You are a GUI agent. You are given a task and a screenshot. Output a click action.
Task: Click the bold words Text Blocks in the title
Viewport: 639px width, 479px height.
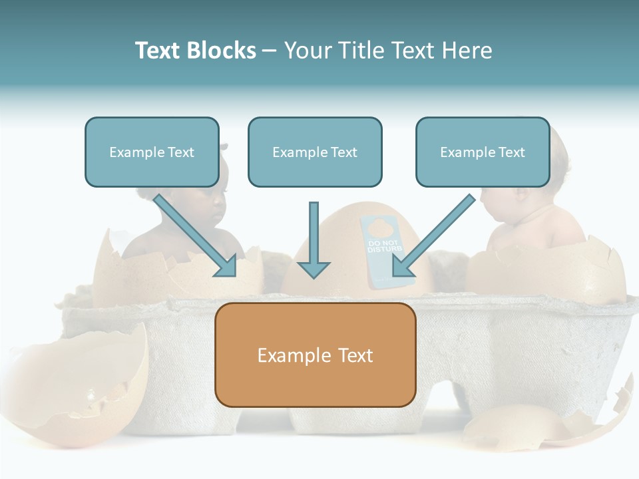coord(195,51)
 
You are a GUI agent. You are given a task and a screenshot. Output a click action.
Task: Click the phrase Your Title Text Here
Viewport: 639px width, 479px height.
coord(388,51)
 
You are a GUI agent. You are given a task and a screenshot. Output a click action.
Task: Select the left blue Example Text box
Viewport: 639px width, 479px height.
coord(152,152)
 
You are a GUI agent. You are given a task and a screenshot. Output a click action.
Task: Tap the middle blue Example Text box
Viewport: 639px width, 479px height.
coord(315,152)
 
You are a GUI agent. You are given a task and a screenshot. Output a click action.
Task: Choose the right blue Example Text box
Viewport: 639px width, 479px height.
coord(483,152)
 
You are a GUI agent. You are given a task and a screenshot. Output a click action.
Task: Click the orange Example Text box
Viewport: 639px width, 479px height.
coord(315,355)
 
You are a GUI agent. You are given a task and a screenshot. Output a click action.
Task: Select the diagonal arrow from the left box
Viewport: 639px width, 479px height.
coord(196,236)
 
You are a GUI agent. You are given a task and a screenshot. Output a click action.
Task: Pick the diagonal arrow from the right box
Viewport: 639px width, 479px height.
coord(433,237)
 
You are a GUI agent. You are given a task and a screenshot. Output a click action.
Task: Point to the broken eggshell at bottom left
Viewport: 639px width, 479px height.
coord(80,386)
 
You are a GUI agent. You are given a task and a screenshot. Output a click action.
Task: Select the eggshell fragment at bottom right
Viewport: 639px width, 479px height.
coord(532,426)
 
